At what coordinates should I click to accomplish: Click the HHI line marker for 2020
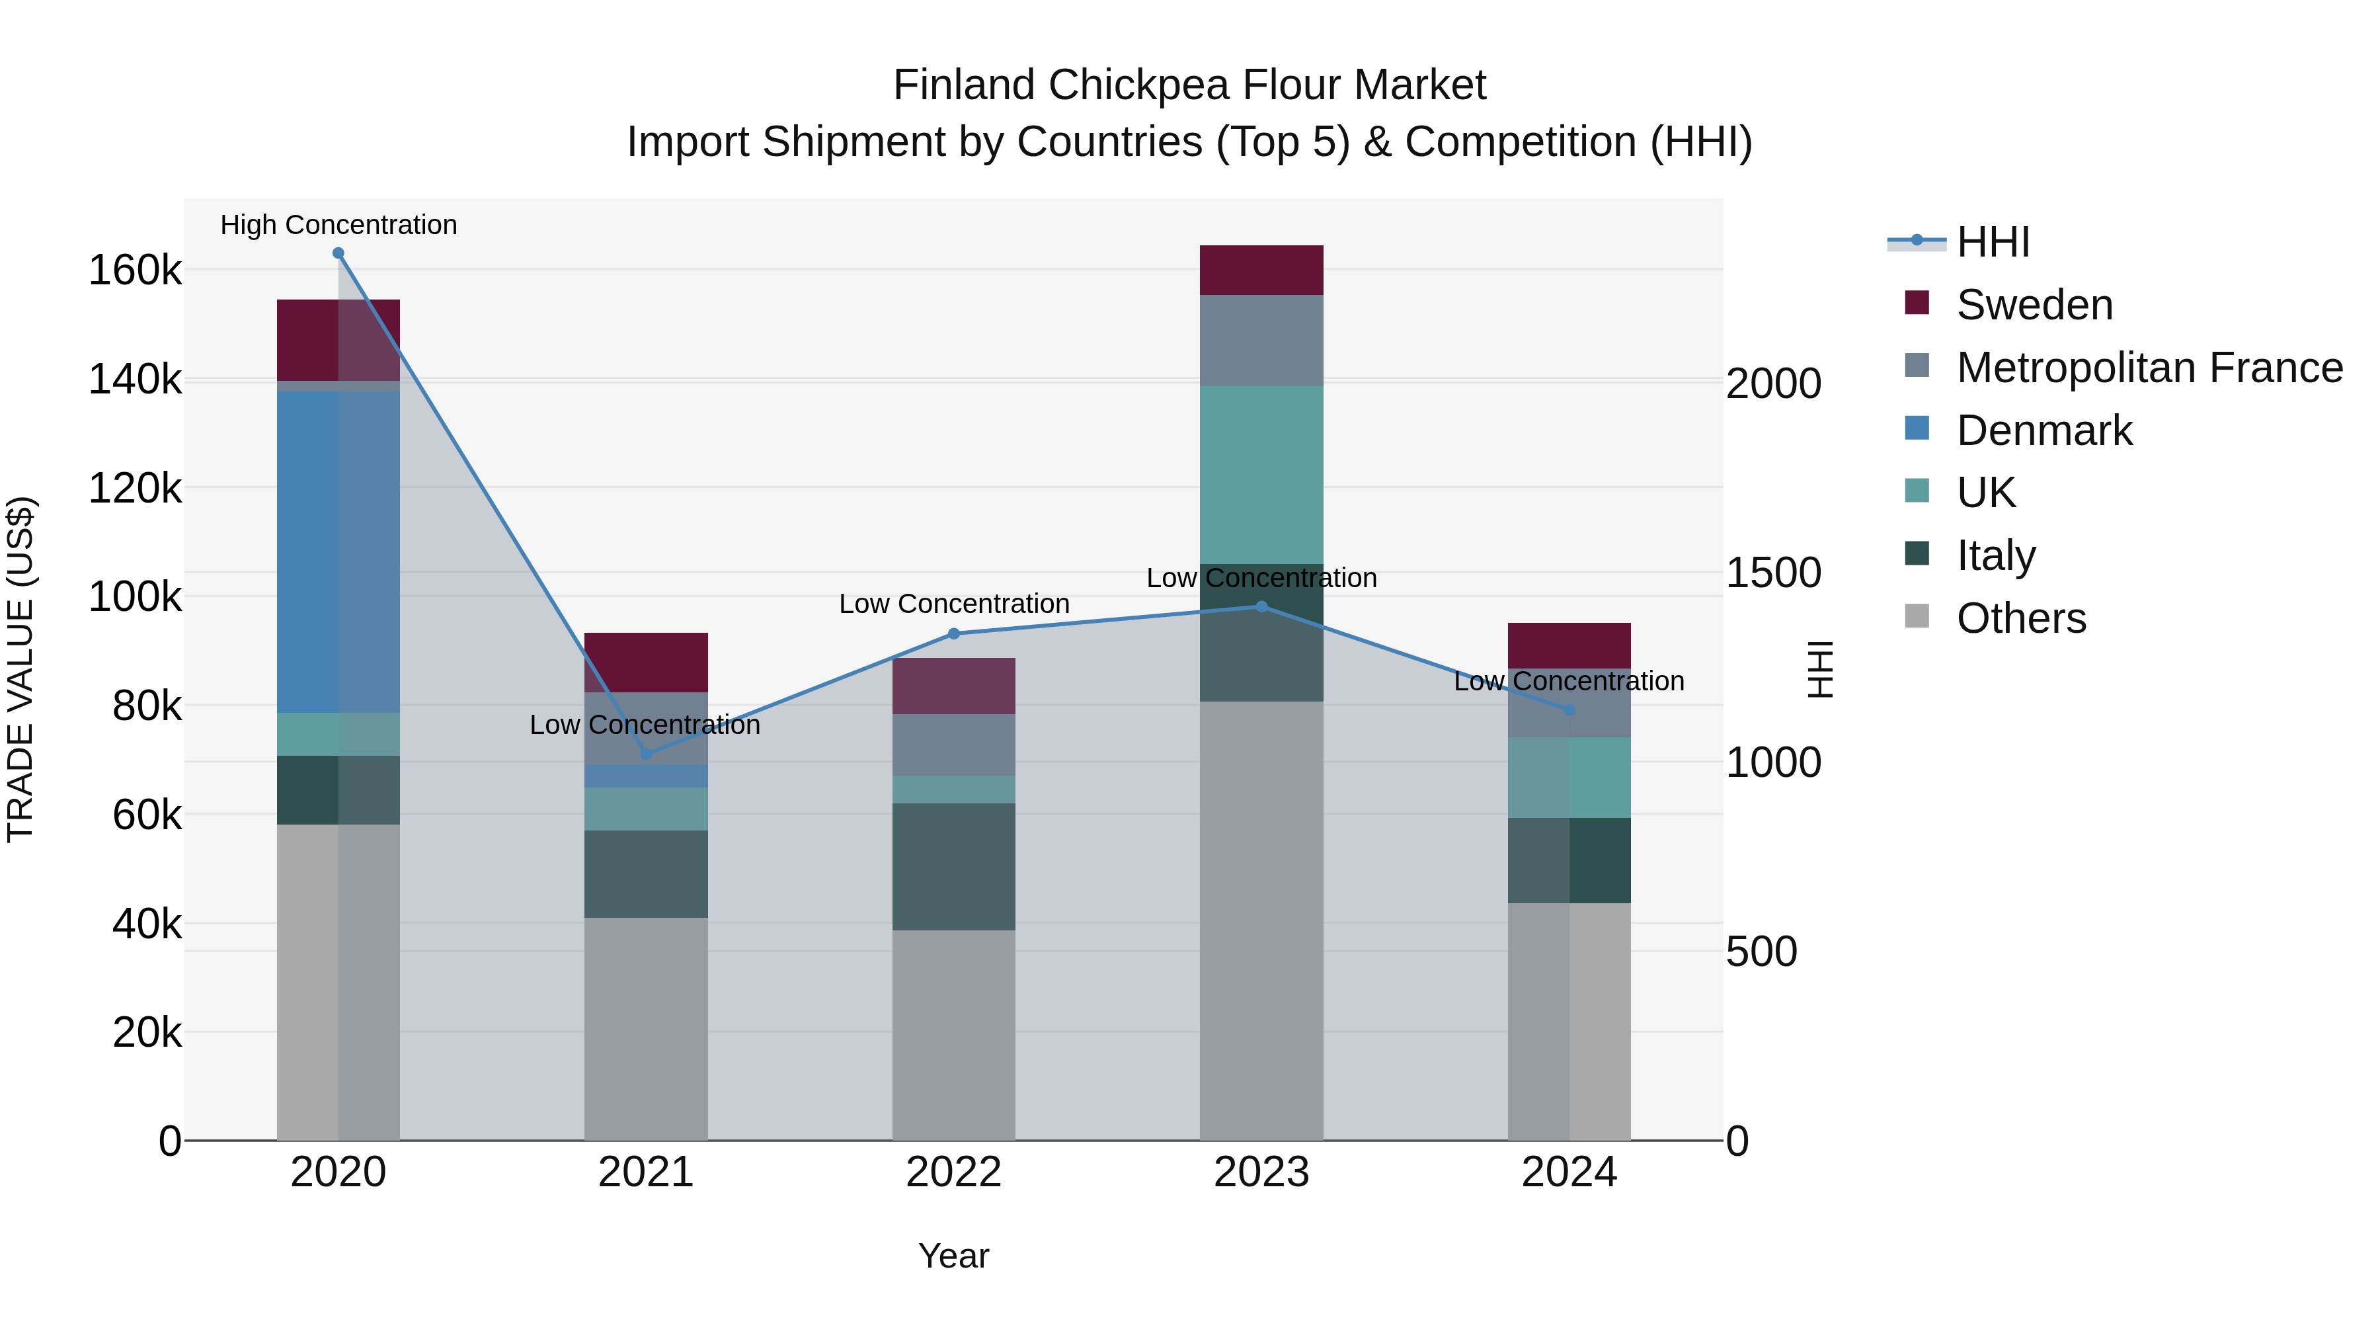(x=338, y=253)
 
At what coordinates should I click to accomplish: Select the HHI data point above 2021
(x=646, y=754)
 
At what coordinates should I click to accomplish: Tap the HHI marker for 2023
(x=1262, y=607)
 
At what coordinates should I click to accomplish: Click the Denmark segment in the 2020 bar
(x=338, y=551)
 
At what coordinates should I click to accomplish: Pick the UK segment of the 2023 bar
(x=1262, y=475)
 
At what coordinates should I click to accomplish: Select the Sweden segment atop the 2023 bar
(x=1262, y=270)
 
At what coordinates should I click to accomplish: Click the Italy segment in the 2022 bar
(x=953, y=867)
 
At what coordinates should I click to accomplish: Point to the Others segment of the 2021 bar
(x=646, y=1028)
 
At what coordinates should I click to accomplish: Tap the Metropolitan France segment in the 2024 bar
(x=1569, y=704)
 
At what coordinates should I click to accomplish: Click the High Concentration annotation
(x=338, y=225)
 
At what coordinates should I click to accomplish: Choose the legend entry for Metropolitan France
(x=2149, y=368)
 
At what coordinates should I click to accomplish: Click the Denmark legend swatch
(x=1917, y=428)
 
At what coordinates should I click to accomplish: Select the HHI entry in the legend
(x=1993, y=242)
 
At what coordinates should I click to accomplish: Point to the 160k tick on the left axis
(x=135, y=270)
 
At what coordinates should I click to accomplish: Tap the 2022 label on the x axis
(x=953, y=1172)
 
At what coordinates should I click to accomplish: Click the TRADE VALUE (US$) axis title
(x=20, y=669)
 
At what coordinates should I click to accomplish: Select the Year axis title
(x=953, y=1256)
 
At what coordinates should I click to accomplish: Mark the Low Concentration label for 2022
(x=953, y=604)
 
